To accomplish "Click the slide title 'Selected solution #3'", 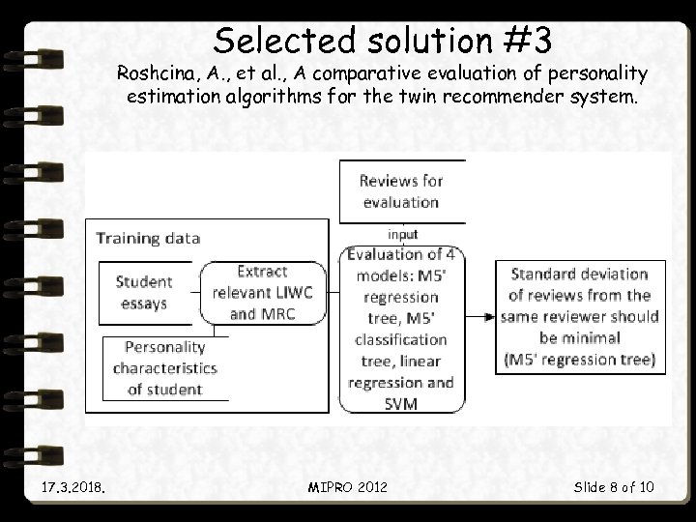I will coord(383,40).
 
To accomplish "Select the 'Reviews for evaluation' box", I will coord(400,191).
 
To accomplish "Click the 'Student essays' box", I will coord(144,292).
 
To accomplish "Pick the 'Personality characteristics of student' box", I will coord(165,367).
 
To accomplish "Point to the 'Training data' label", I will coord(148,238).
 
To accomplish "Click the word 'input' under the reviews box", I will coord(402,234).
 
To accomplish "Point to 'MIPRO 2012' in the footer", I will coord(349,486).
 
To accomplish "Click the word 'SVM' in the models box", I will coord(400,403).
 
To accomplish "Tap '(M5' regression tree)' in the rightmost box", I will coord(579,360).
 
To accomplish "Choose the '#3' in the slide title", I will coord(528,40).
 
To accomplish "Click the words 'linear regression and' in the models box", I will coord(400,371).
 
